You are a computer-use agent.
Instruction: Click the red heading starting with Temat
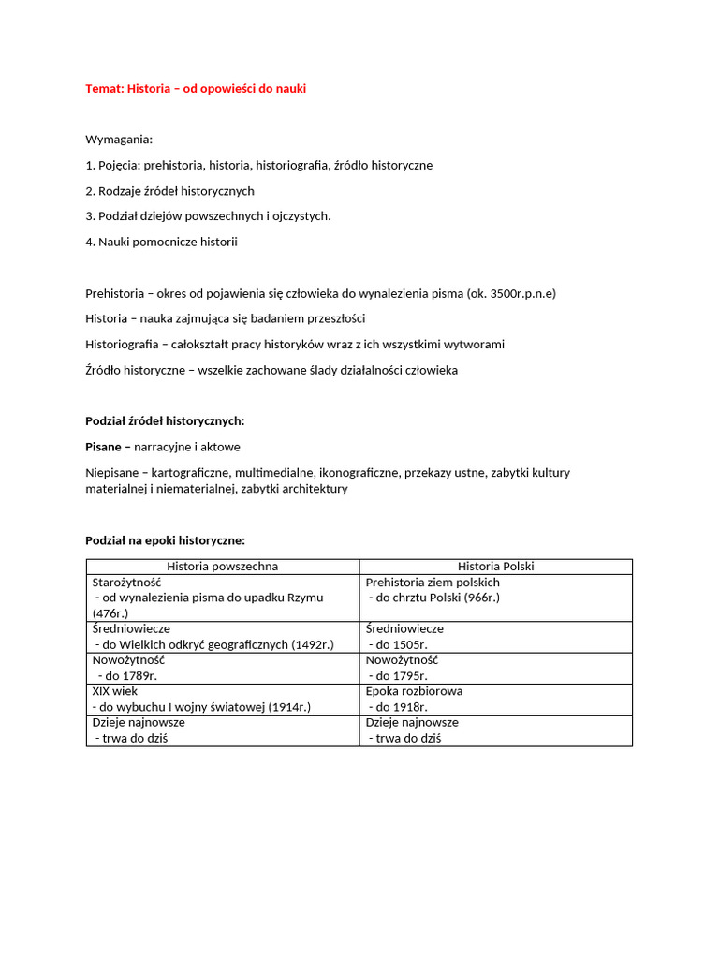coord(196,88)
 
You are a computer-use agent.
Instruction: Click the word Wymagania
coord(119,140)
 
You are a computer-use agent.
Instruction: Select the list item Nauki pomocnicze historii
coord(161,242)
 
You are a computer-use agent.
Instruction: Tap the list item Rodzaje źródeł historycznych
coord(169,191)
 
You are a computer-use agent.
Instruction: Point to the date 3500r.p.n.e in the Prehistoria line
coord(520,293)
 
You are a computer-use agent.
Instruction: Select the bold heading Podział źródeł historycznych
coord(165,421)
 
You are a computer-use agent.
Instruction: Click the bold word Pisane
coord(104,447)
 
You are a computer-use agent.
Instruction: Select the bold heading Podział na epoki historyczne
coord(165,540)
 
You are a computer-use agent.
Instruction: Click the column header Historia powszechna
coord(222,567)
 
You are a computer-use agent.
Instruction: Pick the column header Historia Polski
coord(495,567)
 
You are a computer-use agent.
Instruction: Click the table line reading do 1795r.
coord(399,675)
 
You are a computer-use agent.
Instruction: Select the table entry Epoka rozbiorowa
coord(414,691)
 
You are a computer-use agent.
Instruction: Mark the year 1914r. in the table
coord(289,707)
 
